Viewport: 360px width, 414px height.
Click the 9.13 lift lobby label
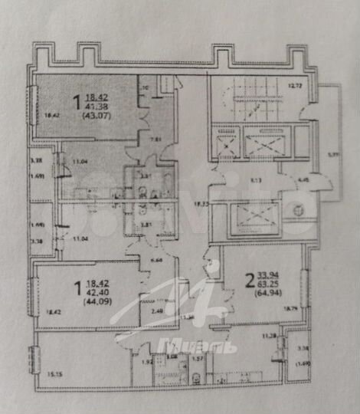pyautogui.click(x=257, y=180)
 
